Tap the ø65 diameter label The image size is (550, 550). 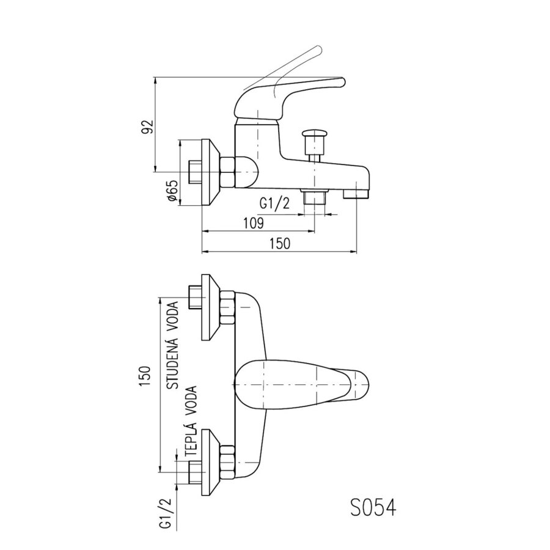coord(172,191)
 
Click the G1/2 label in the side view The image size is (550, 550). coord(274,204)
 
